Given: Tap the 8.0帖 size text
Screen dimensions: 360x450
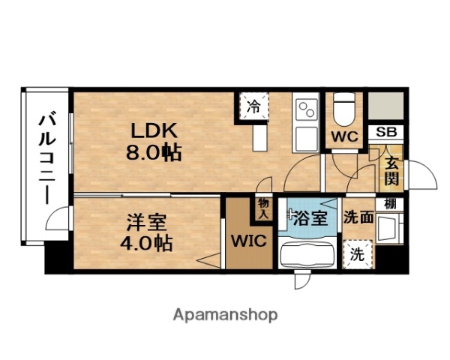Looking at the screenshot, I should [153, 153].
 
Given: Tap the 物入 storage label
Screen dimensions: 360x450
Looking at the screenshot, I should [263, 208].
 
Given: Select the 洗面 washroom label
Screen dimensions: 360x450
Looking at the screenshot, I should [358, 219].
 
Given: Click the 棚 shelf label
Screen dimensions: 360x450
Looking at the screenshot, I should [390, 203].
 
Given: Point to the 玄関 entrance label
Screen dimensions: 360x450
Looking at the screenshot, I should [391, 169].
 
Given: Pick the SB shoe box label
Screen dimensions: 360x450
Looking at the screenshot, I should [387, 132].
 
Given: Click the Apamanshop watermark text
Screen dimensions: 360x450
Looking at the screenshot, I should [225, 313].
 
